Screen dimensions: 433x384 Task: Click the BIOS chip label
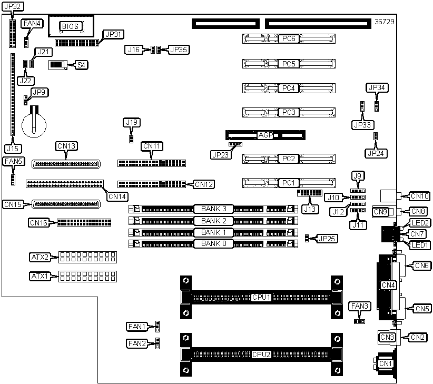tap(71, 26)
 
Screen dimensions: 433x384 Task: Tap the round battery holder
tap(34, 125)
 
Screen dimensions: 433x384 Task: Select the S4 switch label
tap(81, 65)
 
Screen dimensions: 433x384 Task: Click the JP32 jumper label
tap(13, 6)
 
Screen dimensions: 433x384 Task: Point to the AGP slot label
tap(265, 135)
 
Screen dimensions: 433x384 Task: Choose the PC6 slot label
tap(289, 38)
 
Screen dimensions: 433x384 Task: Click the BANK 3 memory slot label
tap(213, 209)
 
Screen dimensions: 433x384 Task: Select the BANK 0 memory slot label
tap(213, 243)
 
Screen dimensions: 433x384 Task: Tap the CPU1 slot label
tap(261, 297)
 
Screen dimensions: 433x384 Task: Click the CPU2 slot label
tap(261, 355)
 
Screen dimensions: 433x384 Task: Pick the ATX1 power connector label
tap(40, 276)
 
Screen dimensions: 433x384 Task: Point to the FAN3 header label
tap(359, 307)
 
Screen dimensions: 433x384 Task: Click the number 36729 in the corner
tap(385, 22)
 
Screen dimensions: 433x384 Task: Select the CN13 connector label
tap(66, 146)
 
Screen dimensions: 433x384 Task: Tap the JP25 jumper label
tap(327, 239)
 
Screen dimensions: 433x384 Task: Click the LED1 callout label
tap(420, 245)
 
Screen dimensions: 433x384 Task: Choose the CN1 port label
tap(386, 363)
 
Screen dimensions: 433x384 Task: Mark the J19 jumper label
tap(132, 122)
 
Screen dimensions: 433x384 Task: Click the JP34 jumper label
tap(377, 88)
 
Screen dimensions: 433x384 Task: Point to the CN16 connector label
tap(39, 222)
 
